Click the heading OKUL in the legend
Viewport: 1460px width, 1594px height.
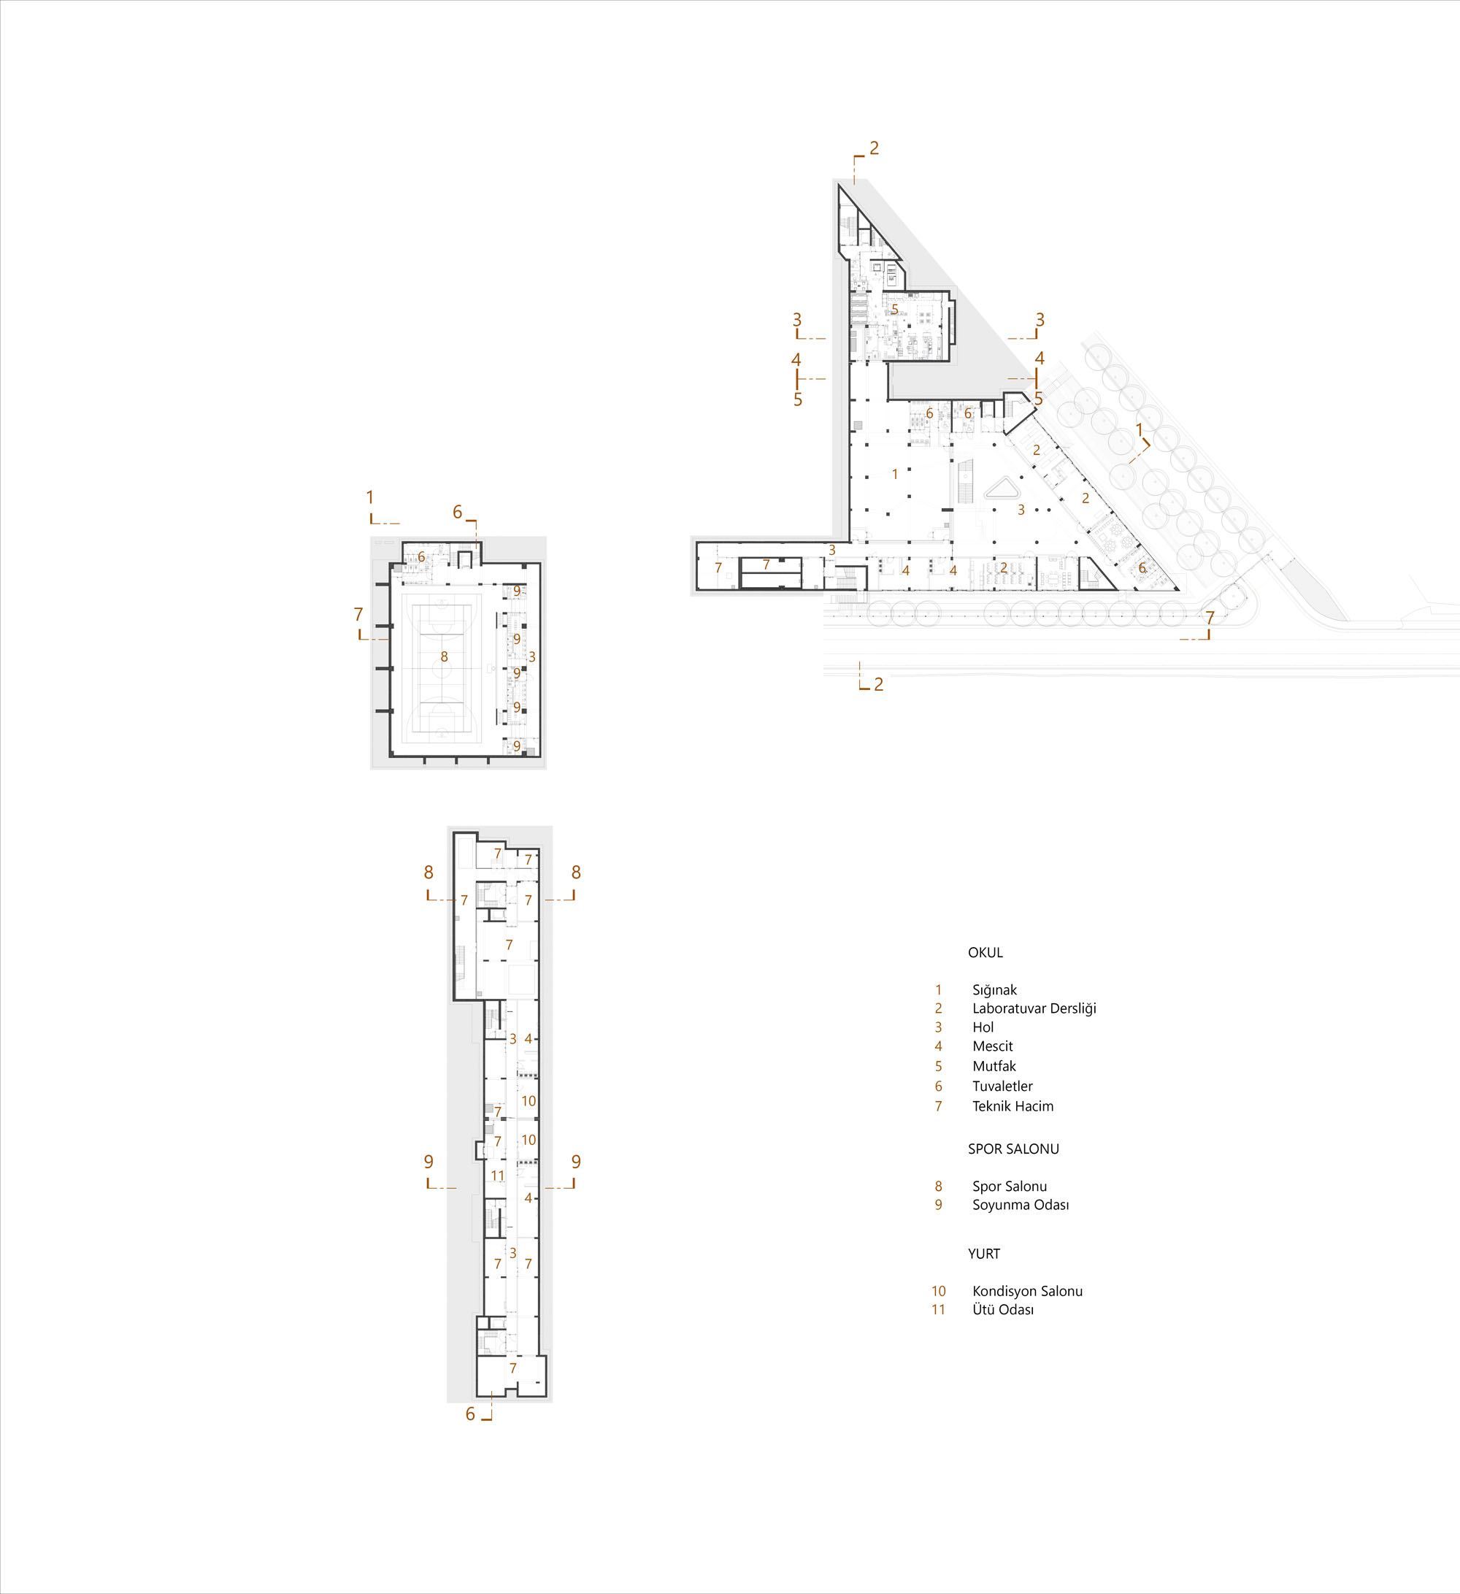pos(985,953)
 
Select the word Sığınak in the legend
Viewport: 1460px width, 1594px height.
pos(994,991)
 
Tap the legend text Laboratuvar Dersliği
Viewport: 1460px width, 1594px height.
pos(1034,1009)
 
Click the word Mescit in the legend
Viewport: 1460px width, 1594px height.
pos(992,1046)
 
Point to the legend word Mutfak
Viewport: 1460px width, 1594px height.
pos(994,1066)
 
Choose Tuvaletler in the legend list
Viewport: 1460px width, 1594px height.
pos(1002,1087)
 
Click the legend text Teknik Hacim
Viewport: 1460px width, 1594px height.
pos(1013,1106)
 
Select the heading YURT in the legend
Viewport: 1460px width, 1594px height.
pos(984,1254)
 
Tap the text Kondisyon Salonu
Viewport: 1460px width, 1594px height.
pos(1028,1291)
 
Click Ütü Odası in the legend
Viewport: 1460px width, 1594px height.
pos(1003,1310)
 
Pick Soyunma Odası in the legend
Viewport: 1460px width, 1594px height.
pos(1021,1205)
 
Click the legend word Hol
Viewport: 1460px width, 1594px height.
pos(983,1027)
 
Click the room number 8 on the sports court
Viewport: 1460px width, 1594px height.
pos(445,657)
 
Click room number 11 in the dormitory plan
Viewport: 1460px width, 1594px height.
pos(497,1176)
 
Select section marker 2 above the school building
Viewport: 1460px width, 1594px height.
pos(875,147)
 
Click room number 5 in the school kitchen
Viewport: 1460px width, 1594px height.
pos(895,309)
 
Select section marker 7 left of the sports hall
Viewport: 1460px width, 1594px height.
pos(358,614)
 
